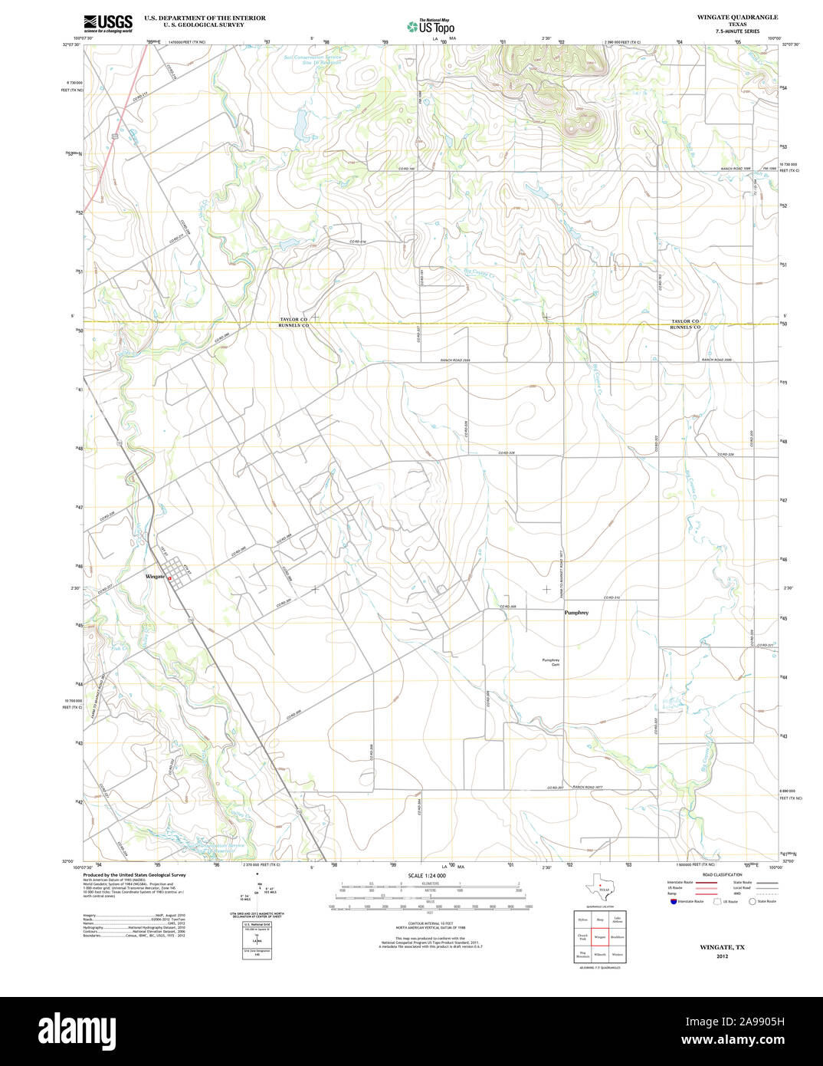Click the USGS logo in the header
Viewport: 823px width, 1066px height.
[x=107, y=22]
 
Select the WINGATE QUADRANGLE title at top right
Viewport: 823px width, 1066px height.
[x=736, y=17]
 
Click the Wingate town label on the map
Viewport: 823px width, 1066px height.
[x=155, y=576]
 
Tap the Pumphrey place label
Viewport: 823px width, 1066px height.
[x=576, y=613]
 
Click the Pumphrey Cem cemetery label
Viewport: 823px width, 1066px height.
[x=551, y=663]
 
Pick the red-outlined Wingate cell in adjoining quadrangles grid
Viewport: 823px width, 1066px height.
[x=599, y=937]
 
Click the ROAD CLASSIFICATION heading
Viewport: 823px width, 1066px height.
[x=717, y=874]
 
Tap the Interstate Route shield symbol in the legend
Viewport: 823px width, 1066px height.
[x=673, y=902]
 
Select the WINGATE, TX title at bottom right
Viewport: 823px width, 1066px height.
[x=722, y=947]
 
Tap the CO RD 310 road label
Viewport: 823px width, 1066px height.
[x=612, y=597]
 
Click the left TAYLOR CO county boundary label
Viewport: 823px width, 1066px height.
[x=293, y=319]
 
